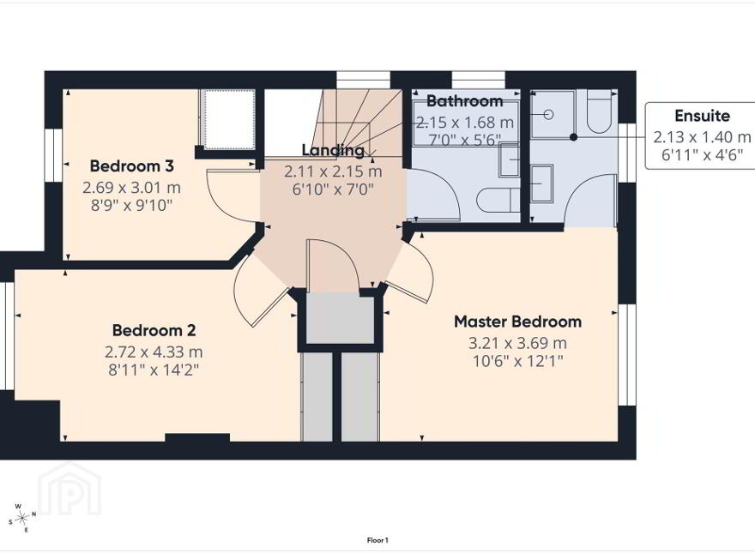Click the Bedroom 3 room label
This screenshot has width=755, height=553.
[131, 166]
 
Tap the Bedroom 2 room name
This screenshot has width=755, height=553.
[154, 331]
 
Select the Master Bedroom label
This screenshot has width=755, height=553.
[517, 322]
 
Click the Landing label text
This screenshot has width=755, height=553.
[333, 151]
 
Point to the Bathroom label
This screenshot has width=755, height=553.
[465, 101]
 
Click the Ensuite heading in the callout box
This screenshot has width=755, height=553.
[702, 116]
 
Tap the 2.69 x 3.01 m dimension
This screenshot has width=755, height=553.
[131, 188]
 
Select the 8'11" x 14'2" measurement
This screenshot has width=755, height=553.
[154, 370]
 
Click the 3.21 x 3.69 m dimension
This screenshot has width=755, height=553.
[517, 343]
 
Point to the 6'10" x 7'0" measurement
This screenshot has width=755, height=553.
[333, 189]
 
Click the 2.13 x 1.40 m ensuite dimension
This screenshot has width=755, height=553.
[702, 137]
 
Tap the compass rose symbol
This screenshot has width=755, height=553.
[21, 518]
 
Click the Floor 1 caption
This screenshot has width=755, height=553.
[377, 540]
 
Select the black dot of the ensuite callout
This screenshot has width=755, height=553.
[573, 137]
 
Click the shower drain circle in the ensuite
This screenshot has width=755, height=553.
[548, 115]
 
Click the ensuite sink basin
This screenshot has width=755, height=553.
[541, 183]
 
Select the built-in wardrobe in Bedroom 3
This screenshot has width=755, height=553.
[227, 119]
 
